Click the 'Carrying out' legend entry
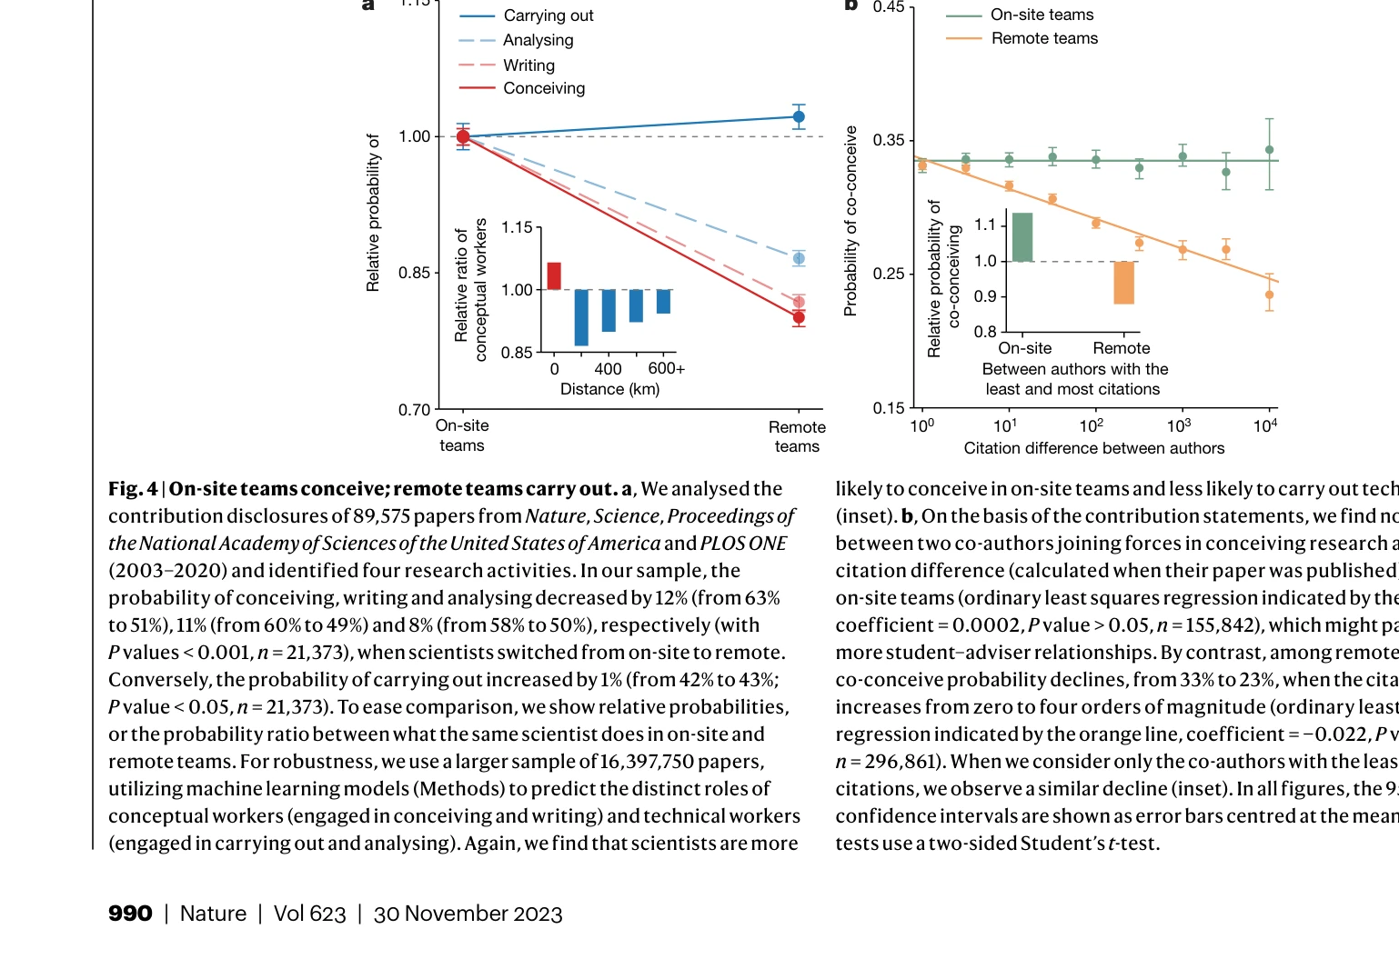tap(548, 15)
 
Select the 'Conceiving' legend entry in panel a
tap(543, 88)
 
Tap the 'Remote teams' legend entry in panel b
tap(1043, 38)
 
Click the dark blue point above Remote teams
tap(799, 116)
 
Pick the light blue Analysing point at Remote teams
tap(799, 259)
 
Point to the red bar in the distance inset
tap(554, 275)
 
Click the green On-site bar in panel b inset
tap(1022, 237)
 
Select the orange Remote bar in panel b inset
tap(1124, 283)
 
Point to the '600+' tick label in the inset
tap(666, 368)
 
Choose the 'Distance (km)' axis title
tap(609, 389)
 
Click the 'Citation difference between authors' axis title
tap(1093, 448)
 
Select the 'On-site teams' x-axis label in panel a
tap(462, 435)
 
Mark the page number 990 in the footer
tap(130, 914)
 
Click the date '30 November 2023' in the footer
tap(468, 914)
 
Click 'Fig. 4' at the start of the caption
tap(133, 489)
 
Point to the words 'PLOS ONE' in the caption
tap(743, 544)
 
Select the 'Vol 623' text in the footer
tap(309, 914)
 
